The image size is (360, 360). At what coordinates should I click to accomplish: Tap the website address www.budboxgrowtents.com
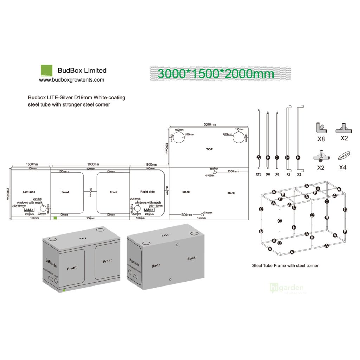[71, 80]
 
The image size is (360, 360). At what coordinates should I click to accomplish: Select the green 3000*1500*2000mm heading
[216, 74]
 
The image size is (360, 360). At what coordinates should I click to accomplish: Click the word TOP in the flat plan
[210, 149]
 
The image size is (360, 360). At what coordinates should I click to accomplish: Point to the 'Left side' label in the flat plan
[29, 192]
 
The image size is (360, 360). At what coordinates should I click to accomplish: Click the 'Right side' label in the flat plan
[147, 192]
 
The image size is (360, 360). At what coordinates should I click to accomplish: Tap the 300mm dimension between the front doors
[90, 192]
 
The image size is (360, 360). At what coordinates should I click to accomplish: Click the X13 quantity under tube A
[259, 174]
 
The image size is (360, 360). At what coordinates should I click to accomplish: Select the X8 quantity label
[321, 139]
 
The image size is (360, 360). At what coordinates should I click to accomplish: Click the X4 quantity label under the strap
[343, 167]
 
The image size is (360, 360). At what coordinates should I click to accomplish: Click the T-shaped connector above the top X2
[344, 128]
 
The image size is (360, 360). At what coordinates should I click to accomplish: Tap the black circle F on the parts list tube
[298, 157]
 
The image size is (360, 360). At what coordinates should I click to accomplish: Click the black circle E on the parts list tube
[287, 157]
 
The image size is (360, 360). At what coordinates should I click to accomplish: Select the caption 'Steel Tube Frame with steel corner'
[285, 266]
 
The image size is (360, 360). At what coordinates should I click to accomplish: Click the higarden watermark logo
[286, 288]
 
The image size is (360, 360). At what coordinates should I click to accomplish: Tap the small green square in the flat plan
[55, 218]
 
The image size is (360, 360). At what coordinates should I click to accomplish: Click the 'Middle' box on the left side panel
[29, 210]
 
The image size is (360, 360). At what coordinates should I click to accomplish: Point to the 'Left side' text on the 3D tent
[51, 262]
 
